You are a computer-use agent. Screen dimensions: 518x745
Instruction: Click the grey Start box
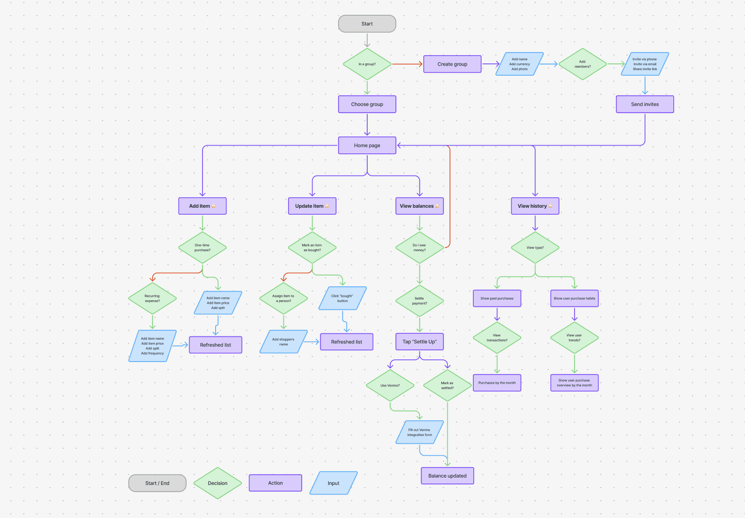coord(367,24)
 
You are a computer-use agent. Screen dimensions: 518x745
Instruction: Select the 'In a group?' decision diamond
coord(367,64)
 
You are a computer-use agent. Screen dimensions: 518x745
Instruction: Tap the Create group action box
coord(452,64)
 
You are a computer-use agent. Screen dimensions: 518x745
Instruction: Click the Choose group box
coord(367,104)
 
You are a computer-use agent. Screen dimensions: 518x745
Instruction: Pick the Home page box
coord(367,146)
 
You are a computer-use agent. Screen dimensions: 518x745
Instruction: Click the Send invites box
coord(645,104)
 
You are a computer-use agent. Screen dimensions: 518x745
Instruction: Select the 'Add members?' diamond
coord(582,64)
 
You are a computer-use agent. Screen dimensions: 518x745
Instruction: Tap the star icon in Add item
coord(213,206)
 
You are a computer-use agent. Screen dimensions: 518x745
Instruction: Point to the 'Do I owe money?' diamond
coord(419,248)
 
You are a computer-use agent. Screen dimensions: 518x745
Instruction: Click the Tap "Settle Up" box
coord(419,342)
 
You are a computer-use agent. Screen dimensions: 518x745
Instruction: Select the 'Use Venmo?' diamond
coord(390,385)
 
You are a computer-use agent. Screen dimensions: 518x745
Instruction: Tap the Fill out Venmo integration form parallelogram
coord(419,432)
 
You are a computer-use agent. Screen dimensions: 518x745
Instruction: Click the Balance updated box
coord(447,476)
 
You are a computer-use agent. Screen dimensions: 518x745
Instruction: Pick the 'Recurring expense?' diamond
coord(152,299)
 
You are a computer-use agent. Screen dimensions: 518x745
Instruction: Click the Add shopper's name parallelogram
coord(283,342)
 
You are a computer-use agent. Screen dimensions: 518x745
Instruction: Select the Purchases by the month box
coord(497,383)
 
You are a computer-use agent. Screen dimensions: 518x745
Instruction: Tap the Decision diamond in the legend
coord(217,483)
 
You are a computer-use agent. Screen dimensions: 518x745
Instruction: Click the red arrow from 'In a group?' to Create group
coord(407,64)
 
